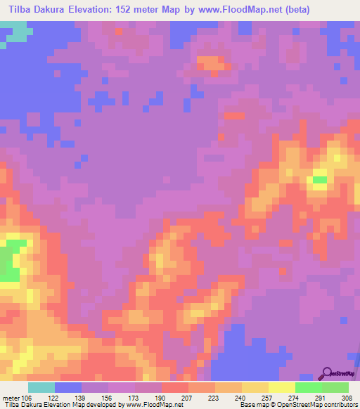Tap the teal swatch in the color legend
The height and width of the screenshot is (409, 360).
41,387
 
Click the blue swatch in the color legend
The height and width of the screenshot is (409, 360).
68,387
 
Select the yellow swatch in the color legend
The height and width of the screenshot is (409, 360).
281,387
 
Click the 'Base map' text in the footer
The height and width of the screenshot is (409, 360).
255,405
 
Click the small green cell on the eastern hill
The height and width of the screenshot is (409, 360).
320,180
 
